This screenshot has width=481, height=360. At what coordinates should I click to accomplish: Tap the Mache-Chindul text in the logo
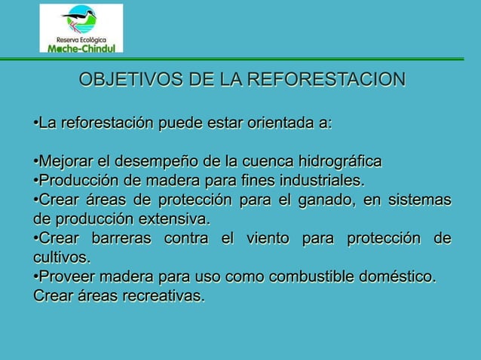click(x=81, y=47)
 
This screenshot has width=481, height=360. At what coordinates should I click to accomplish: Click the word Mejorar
click(x=66, y=162)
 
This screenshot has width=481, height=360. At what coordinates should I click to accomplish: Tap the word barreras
click(x=122, y=240)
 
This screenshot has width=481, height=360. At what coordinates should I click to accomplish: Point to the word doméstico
click(x=396, y=278)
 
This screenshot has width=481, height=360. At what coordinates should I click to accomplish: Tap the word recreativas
click(x=160, y=297)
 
